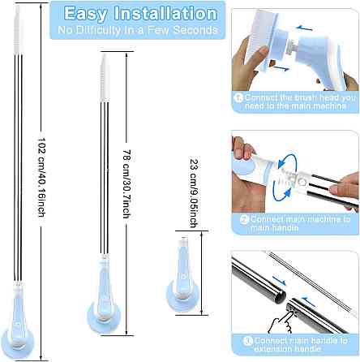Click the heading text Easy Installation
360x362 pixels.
click(140, 14)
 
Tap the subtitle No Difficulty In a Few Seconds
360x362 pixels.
click(138, 30)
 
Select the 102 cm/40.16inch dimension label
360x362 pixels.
click(41, 177)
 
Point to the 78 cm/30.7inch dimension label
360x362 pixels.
click(127, 184)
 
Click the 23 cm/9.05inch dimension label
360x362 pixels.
click(194, 193)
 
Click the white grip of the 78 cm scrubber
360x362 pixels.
click(105, 78)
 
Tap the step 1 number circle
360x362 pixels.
click(238, 97)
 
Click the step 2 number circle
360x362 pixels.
click(244, 219)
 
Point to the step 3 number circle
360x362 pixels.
click(247, 341)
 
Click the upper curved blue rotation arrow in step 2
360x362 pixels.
click(287, 160)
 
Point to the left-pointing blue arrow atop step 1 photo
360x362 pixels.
click(304, 28)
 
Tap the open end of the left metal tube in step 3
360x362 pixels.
click(281, 296)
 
